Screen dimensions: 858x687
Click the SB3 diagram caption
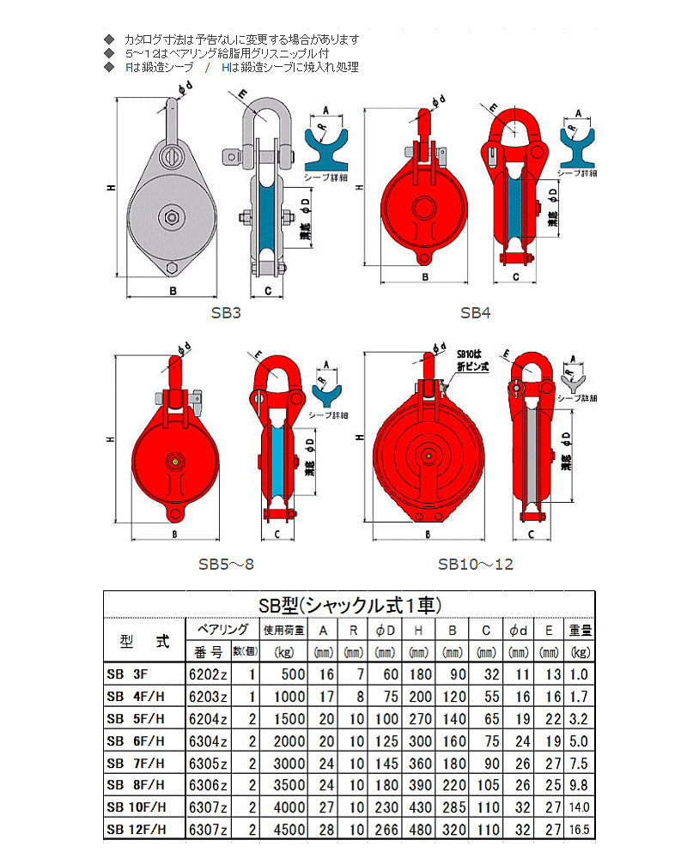click(226, 313)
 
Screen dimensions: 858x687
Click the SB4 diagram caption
click(475, 313)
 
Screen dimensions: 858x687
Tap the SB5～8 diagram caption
click(226, 564)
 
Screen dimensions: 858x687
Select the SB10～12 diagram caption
click(475, 564)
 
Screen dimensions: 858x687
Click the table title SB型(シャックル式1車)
click(350, 604)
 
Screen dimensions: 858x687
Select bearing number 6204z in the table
click(209, 718)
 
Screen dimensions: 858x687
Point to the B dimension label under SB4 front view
click(425, 277)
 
